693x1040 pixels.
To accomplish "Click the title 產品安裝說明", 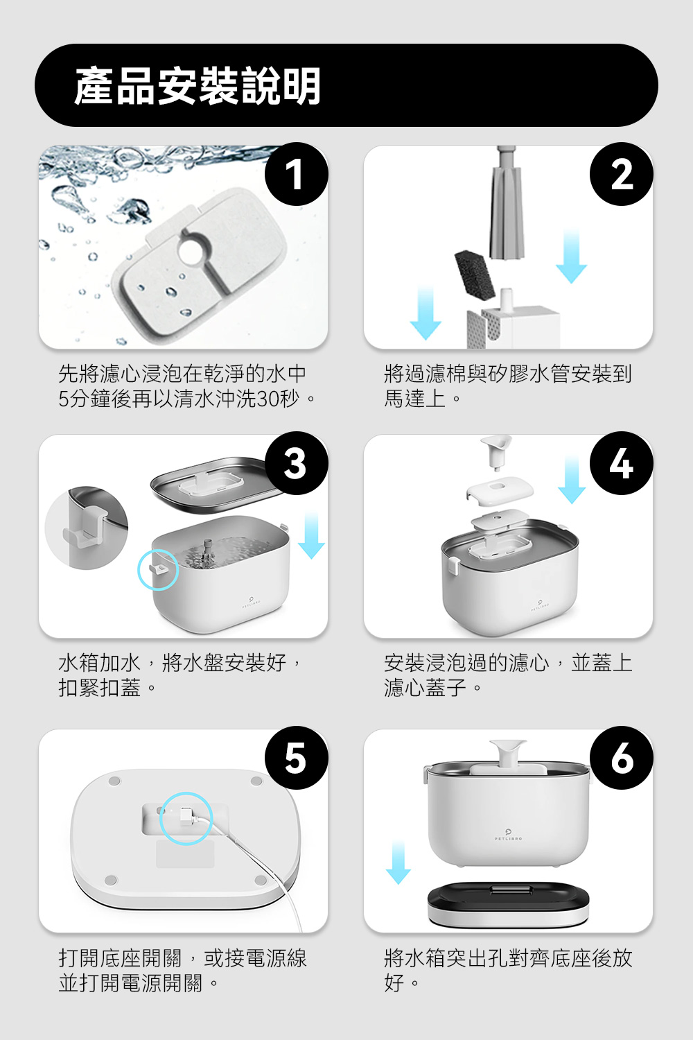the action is (198, 85).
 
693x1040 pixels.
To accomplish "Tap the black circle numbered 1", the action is (296, 174).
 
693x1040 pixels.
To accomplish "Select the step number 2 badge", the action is (621, 174).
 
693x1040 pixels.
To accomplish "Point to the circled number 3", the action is (296, 463).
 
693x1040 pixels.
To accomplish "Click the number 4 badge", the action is (621, 463).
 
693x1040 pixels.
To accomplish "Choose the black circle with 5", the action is (296, 758).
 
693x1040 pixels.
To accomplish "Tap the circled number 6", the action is (621, 758).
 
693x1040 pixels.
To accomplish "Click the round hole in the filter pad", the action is (191, 251).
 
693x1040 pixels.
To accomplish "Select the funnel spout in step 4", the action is (496, 452).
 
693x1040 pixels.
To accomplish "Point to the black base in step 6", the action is (508, 904).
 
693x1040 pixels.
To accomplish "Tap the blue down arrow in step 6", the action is (398, 862).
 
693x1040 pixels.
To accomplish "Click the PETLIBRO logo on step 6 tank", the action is (508, 835).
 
